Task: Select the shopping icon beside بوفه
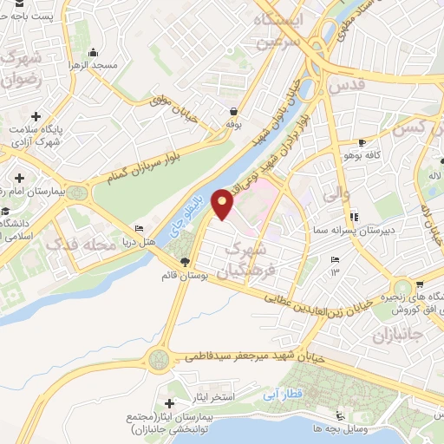[234, 112]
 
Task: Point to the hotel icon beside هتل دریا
[139, 231]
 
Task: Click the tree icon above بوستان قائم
[184, 262]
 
